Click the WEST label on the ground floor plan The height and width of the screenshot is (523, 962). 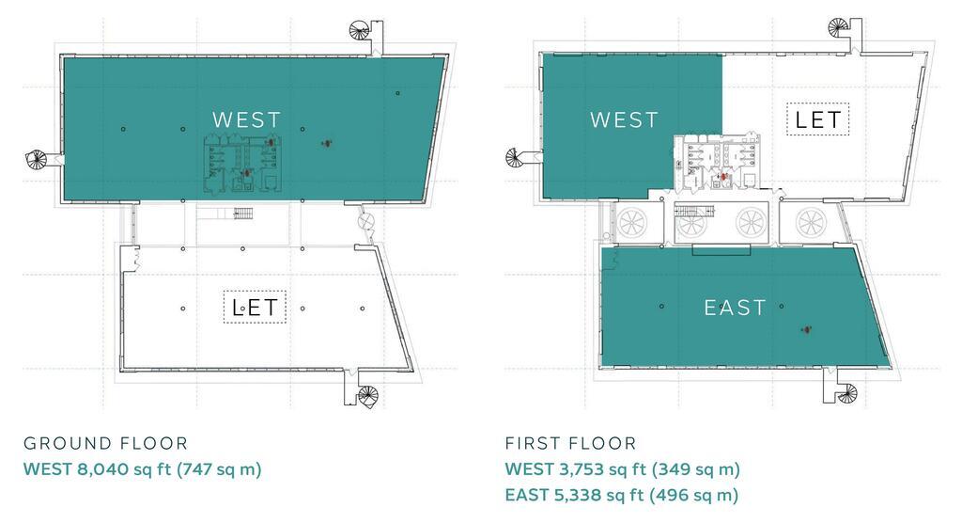coord(247,119)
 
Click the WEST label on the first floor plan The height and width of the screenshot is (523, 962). coord(624,119)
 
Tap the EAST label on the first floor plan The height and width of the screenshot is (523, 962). coord(735,308)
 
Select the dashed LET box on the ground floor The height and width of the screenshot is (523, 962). coord(255,307)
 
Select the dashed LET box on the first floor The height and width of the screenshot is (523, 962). coord(818,119)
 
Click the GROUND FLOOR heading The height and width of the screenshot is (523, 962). coord(105,443)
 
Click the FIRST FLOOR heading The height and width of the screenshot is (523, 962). coord(570,443)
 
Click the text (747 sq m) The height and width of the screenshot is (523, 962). coord(219,469)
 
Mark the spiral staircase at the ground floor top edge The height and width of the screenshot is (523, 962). coord(361,30)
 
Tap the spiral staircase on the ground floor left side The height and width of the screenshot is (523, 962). coord(37,159)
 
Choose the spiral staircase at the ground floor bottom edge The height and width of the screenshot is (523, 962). coord(368,396)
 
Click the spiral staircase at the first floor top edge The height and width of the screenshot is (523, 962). coord(838,27)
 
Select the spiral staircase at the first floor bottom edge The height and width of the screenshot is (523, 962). coord(847,392)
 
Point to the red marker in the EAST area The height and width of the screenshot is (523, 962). coord(806,330)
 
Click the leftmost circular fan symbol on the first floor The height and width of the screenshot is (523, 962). coord(632,223)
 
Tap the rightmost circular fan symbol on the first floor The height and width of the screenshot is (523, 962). coord(811,223)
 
